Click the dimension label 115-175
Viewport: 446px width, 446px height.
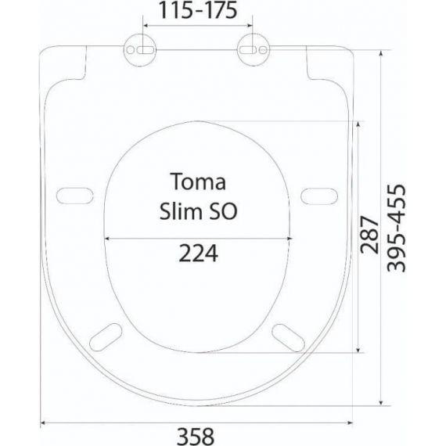click(x=198, y=10)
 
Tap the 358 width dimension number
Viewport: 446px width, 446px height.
click(x=196, y=437)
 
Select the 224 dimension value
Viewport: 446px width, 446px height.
click(x=198, y=254)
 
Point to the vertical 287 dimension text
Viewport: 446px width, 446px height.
click(x=369, y=235)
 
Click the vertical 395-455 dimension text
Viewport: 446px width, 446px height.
click(x=396, y=228)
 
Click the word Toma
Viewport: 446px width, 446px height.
click(x=198, y=182)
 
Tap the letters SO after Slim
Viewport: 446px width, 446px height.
click(x=223, y=211)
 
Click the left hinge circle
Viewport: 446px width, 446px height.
click(x=140, y=50)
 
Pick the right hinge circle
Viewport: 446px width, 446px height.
click(x=254, y=50)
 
